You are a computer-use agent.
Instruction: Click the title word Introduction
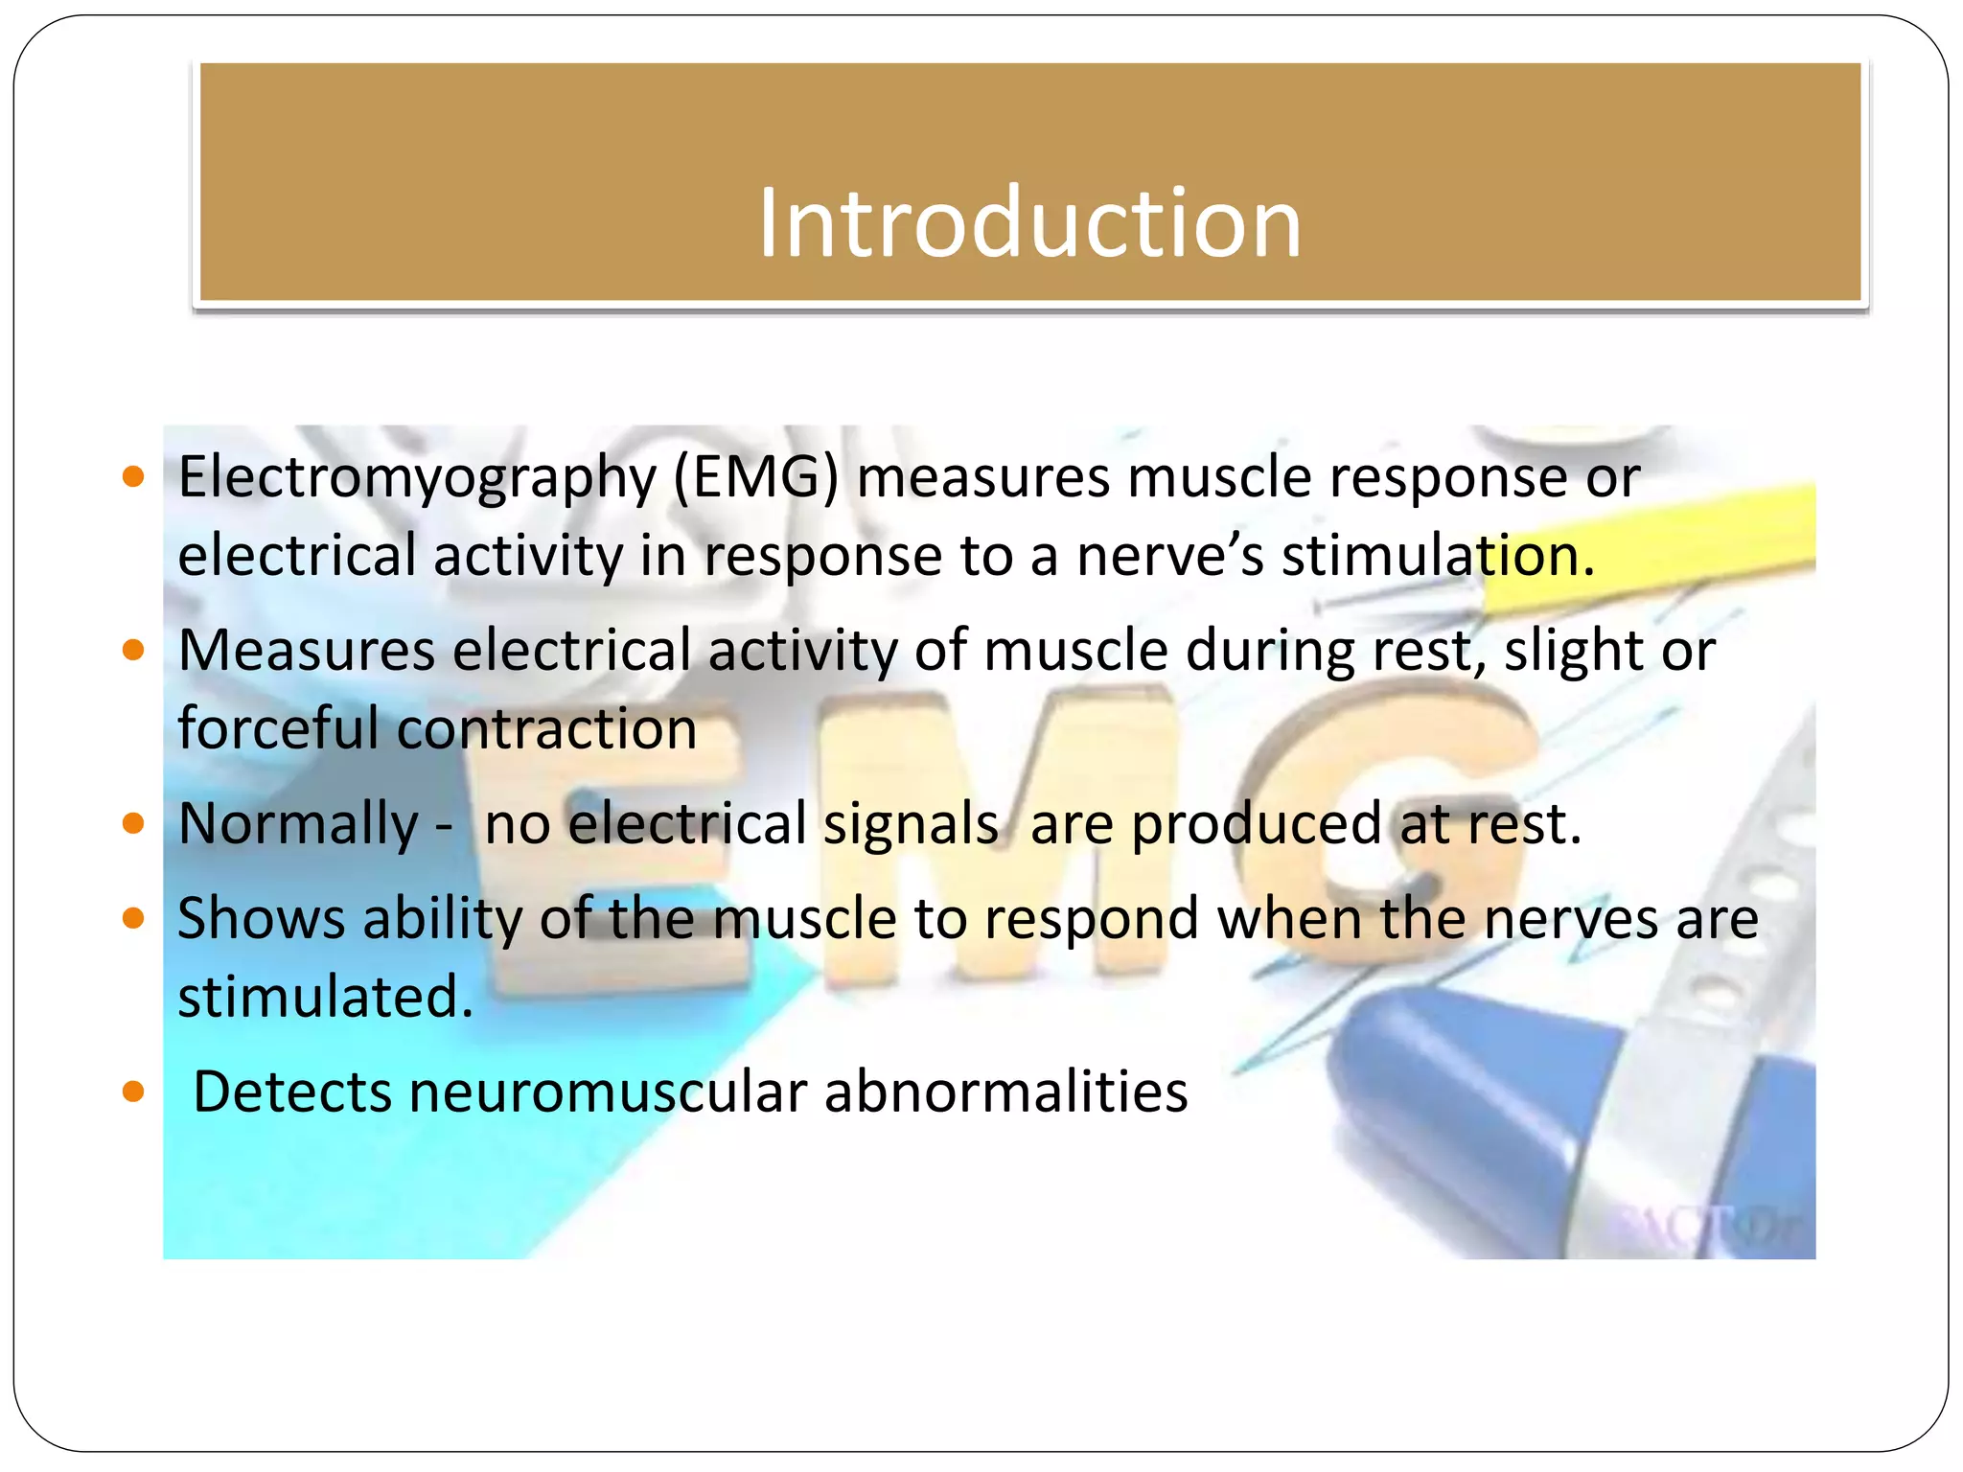click(x=1029, y=222)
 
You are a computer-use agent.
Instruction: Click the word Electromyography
click(x=416, y=477)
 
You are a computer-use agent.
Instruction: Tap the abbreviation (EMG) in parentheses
click(x=755, y=477)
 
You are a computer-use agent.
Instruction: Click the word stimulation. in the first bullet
click(x=1438, y=556)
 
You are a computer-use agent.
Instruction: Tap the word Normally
click(x=298, y=824)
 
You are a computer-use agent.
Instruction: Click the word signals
click(x=911, y=824)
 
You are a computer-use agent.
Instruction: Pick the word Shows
click(x=261, y=919)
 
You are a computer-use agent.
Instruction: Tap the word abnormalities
click(x=1005, y=1092)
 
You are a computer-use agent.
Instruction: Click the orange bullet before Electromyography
click(x=134, y=476)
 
